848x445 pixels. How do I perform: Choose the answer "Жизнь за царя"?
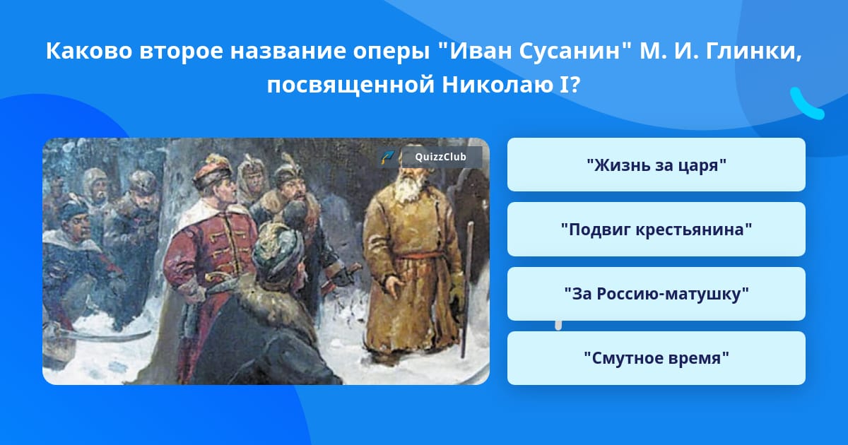click(x=656, y=165)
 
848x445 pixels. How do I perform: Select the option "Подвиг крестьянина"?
click(x=656, y=230)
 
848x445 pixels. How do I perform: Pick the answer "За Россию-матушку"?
click(x=656, y=294)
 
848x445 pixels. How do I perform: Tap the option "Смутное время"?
click(x=656, y=358)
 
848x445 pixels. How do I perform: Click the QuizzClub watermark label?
click(x=440, y=157)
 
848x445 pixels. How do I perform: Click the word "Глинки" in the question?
click(x=753, y=51)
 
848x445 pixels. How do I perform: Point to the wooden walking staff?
click(x=466, y=290)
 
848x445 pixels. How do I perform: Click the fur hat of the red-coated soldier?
click(x=211, y=172)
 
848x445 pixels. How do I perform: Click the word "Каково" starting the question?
click(x=89, y=51)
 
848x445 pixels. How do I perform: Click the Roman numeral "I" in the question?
click(x=563, y=85)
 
